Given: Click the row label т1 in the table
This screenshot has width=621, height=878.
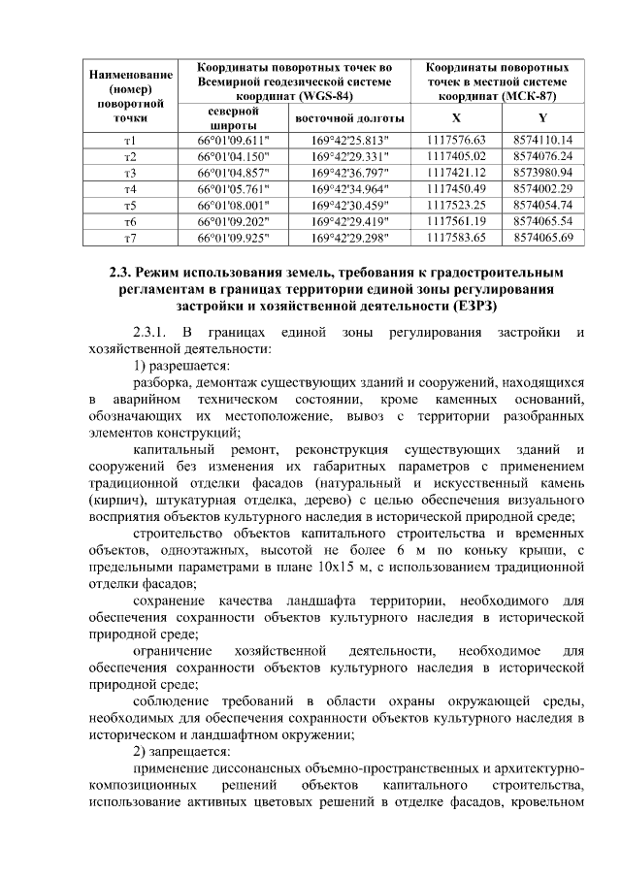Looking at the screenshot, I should coord(130,140).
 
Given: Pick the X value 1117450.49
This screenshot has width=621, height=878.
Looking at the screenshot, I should coord(456,188).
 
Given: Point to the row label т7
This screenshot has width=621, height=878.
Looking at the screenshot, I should coord(130,237).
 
